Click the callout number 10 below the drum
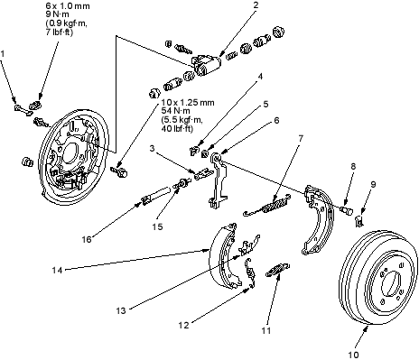point(353,355)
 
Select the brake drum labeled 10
point(378,278)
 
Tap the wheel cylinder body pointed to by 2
point(206,65)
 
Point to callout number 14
point(57,270)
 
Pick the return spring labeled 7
point(267,206)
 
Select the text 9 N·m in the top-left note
point(58,14)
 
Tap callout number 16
point(87,239)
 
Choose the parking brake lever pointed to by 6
point(218,180)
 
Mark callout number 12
point(183,325)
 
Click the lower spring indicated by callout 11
point(278,270)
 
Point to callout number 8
point(353,166)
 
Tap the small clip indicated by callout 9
point(359,221)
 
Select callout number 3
point(153,148)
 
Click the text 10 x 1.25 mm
point(188,103)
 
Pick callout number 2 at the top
point(256,5)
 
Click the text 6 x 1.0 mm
point(68,5)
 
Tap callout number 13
point(121,310)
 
